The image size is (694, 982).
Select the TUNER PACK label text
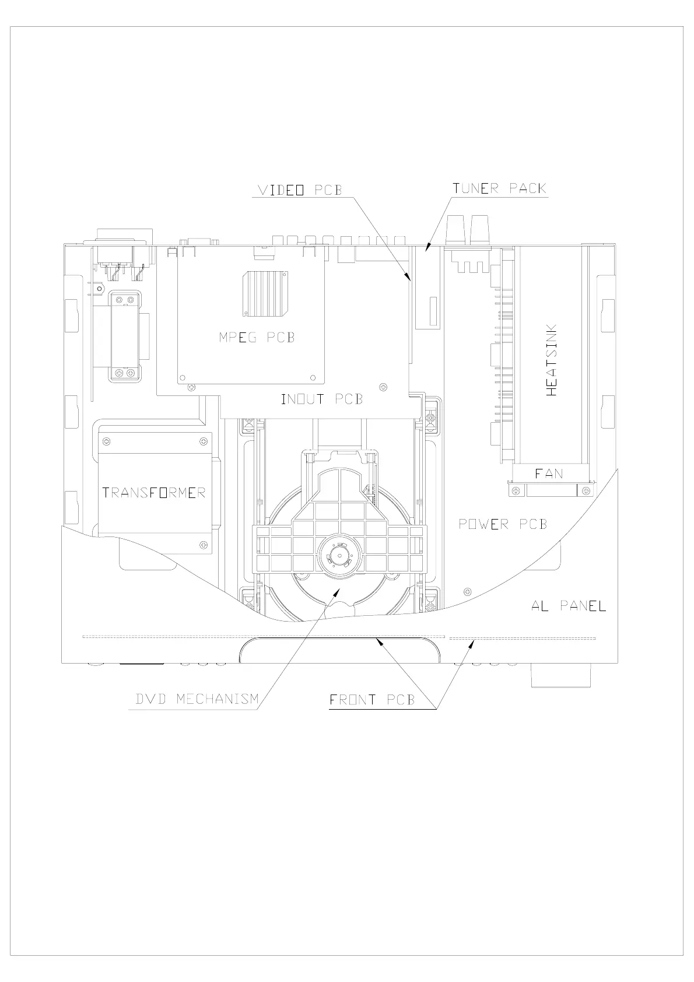coord(500,188)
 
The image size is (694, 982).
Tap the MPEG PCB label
coord(257,337)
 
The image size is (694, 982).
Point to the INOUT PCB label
coord(322,399)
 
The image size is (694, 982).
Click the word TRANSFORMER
coord(154,493)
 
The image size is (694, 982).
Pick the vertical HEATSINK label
coord(551,360)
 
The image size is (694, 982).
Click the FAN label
coord(549,474)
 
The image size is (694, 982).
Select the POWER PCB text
coord(503,524)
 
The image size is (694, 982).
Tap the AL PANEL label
coord(569,606)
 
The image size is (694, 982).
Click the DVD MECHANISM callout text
coord(197,699)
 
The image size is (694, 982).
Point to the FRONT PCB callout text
coord(372,700)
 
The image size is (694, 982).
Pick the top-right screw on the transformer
coord(204,441)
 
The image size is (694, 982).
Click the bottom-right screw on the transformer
coord(204,545)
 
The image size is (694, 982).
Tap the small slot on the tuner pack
coord(433,311)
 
